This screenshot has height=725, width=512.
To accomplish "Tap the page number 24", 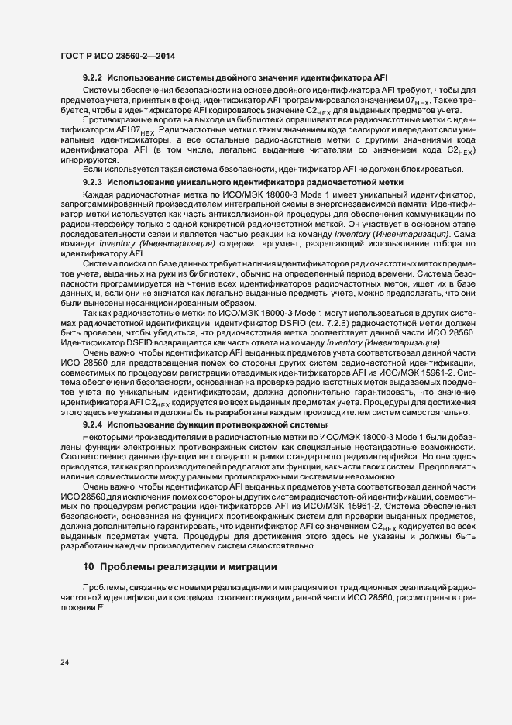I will (x=66, y=661).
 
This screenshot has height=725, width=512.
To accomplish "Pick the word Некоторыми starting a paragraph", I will (x=108, y=437).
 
